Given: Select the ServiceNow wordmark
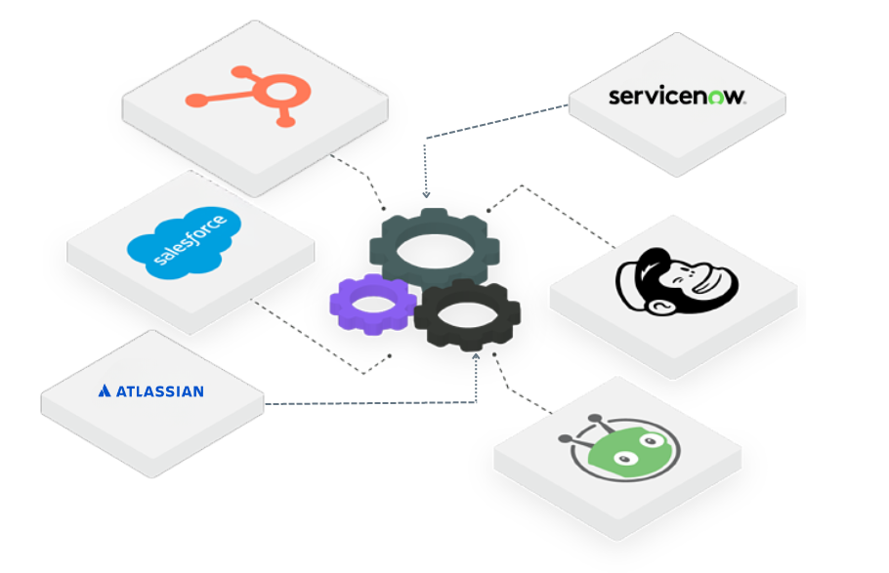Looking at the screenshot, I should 677,96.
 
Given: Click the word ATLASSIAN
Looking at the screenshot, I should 159,391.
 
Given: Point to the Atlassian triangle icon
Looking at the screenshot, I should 105,391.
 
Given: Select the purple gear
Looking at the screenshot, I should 372,304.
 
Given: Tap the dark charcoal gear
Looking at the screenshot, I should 466,314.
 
